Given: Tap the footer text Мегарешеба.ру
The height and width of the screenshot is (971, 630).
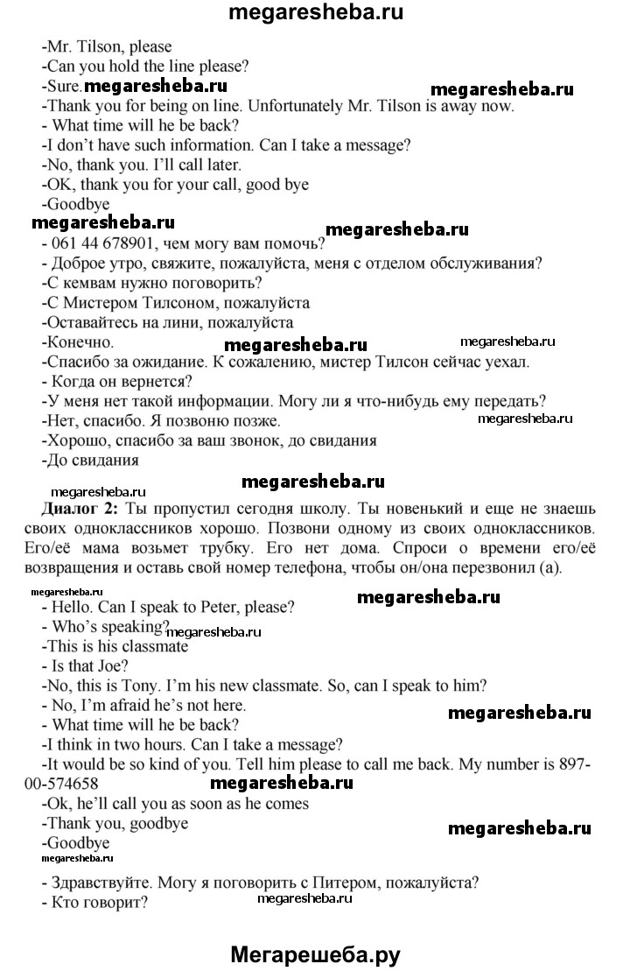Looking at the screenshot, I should tap(315, 953).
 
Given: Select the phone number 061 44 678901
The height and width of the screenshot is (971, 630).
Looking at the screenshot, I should tap(101, 246).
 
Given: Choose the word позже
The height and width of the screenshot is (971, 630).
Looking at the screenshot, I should tap(254, 421).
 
